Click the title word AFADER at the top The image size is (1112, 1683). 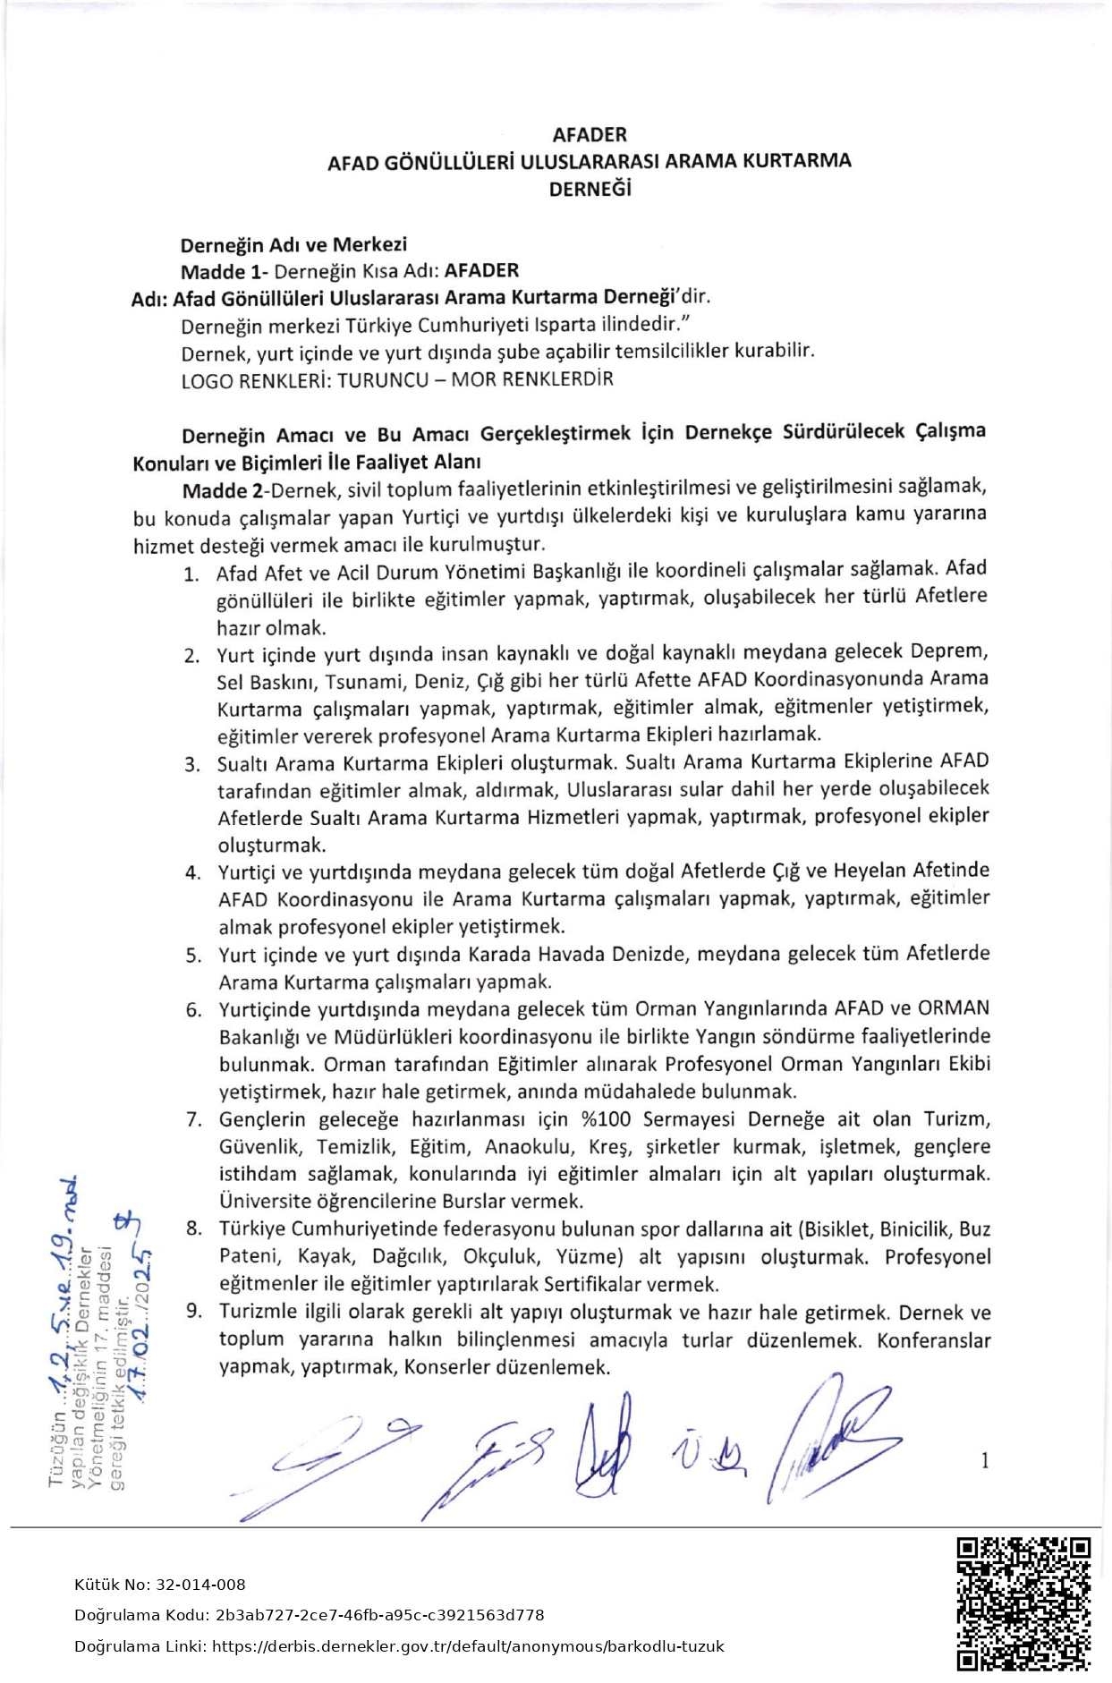click(590, 135)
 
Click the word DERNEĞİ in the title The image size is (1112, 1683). click(590, 189)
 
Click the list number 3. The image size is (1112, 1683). click(191, 765)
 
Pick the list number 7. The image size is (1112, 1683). click(193, 1120)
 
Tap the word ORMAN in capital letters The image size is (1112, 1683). click(955, 1008)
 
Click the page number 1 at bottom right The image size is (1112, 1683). click(985, 1461)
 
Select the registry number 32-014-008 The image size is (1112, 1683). click(199, 1585)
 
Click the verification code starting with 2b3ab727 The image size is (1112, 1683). click(379, 1615)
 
